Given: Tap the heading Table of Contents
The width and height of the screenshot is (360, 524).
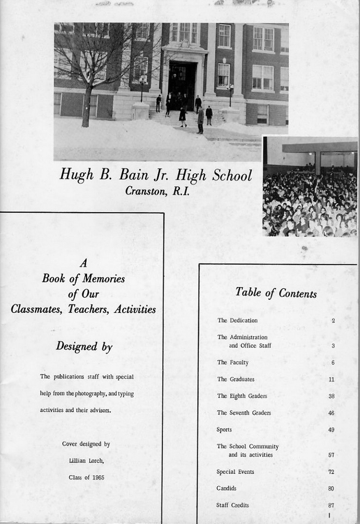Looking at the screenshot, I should (x=276, y=293).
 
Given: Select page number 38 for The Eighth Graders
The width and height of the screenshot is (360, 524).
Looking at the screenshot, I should (x=331, y=396).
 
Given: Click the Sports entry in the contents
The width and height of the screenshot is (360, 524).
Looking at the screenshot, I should (x=224, y=429).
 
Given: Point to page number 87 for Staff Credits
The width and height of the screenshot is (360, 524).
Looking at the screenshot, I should (x=331, y=505).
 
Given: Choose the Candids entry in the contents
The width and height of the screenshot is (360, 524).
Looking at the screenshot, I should (x=227, y=488).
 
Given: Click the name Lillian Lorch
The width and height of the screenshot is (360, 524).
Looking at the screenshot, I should (x=86, y=461).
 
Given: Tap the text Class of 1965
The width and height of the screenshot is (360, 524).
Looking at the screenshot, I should (x=86, y=478).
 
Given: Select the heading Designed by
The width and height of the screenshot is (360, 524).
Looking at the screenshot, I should (x=84, y=346).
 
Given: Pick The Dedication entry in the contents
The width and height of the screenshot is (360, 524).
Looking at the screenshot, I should (x=238, y=320).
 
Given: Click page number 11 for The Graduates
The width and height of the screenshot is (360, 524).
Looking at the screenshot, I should (x=331, y=380).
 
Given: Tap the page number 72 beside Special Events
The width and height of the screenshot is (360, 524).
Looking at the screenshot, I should (x=331, y=472).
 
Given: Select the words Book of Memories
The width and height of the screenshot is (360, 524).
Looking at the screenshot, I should (x=84, y=279).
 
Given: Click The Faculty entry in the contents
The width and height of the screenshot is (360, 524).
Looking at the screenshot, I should (x=233, y=362).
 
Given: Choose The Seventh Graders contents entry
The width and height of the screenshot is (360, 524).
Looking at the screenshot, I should (x=244, y=413).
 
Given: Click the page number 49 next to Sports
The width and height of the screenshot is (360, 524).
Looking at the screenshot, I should (x=331, y=430).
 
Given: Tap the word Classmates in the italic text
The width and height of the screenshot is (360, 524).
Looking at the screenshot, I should (x=36, y=309).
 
